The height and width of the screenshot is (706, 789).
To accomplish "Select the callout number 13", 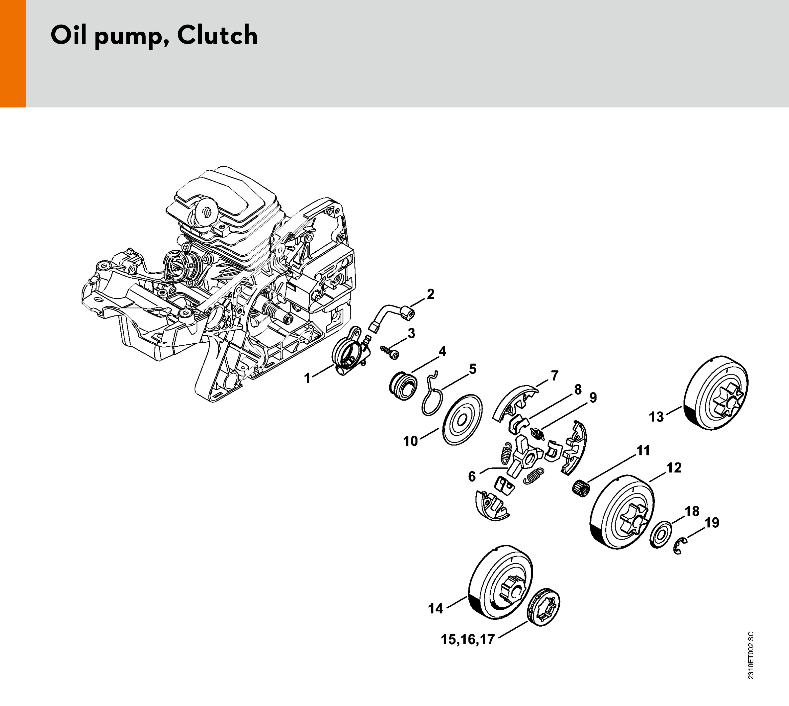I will point(656,417).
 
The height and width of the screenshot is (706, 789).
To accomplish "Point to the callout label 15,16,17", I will point(468,639).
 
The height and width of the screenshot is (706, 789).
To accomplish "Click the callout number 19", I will point(712,523).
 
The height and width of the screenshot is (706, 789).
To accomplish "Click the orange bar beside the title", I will point(13,54).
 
